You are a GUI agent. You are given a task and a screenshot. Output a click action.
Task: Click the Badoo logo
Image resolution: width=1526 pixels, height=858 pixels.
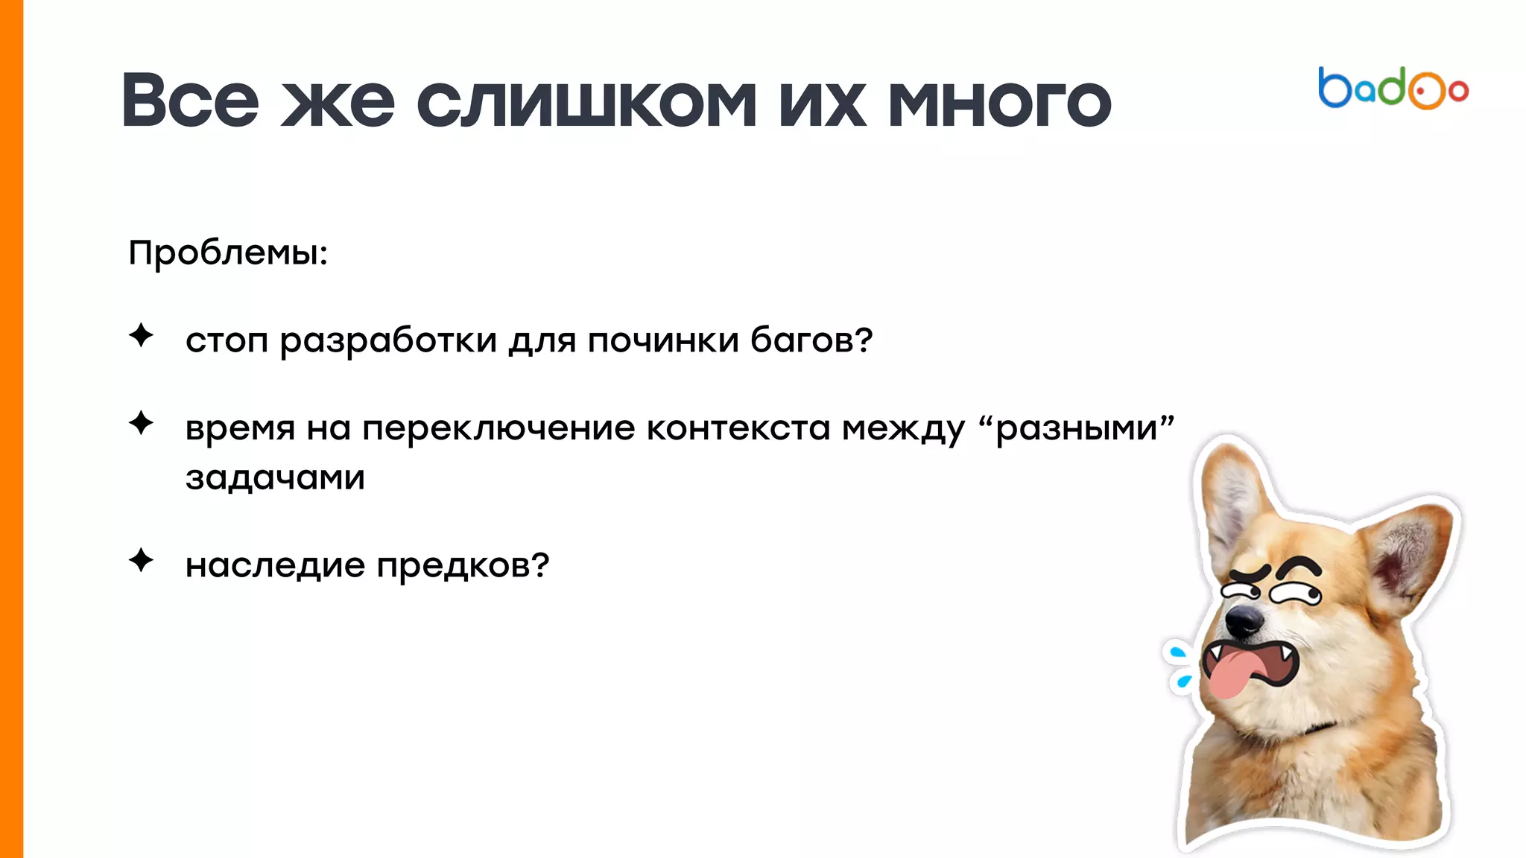[x=1393, y=89]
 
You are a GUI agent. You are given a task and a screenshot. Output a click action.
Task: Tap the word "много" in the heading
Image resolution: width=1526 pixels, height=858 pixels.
[x=999, y=101]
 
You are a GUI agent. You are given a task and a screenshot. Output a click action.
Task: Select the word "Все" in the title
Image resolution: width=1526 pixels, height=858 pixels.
[x=191, y=101]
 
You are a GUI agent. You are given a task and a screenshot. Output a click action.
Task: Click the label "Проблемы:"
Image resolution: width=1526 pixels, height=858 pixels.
[x=228, y=253]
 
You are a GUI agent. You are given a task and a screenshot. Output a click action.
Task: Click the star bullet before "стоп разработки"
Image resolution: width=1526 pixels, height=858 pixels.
[x=141, y=335]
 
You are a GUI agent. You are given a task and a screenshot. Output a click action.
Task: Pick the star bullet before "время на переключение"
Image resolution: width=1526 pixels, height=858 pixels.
[x=141, y=423]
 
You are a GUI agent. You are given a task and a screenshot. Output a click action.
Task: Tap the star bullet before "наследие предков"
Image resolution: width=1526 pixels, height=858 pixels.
[x=141, y=560]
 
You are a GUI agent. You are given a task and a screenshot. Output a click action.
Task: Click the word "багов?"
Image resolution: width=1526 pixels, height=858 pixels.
[x=811, y=340]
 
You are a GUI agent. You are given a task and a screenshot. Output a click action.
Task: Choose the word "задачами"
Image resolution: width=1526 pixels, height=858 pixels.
[x=275, y=478]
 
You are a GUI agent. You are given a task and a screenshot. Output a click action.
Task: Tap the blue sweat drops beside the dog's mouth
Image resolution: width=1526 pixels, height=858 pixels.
[x=1180, y=667]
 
